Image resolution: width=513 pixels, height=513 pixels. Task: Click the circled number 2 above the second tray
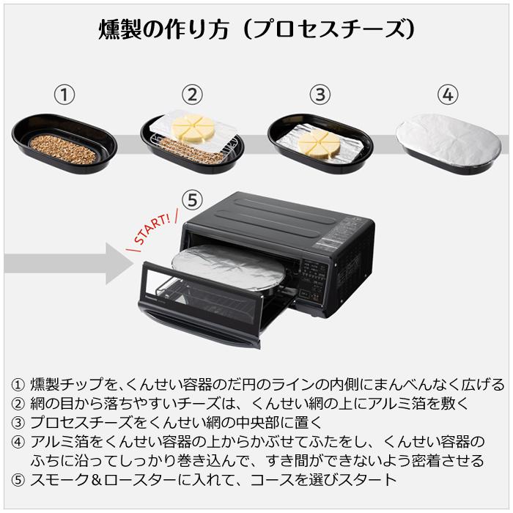[192, 95]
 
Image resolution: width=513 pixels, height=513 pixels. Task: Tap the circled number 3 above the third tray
[320, 95]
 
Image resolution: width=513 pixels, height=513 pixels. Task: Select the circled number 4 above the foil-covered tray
[448, 95]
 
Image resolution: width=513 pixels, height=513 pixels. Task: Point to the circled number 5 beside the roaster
[191, 199]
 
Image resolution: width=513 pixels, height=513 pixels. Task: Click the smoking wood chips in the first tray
[63, 149]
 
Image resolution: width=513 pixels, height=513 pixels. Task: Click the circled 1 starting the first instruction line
[18, 385]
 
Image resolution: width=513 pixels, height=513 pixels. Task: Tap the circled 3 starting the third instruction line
[18, 423]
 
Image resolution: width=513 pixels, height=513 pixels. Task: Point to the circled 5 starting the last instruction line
[18, 480]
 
